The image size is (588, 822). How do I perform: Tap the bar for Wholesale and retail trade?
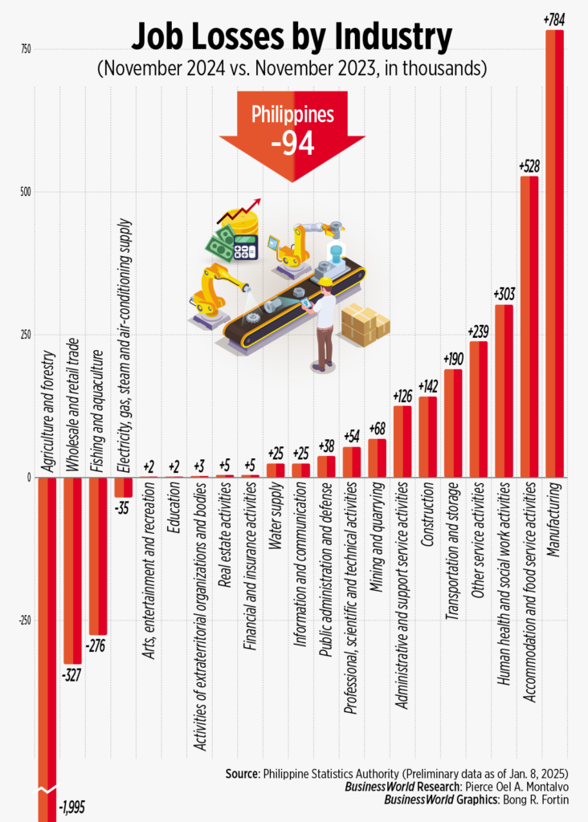coord(73,570)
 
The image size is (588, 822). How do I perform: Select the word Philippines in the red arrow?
coord(292,115)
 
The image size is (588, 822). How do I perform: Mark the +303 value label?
coord(504,294)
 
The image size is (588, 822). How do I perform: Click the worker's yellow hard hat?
coord(325,282)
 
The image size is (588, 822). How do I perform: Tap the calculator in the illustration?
coord(246,246)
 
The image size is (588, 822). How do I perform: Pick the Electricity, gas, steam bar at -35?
coord(124,486)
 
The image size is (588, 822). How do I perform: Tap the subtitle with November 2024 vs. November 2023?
coord(292,68)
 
